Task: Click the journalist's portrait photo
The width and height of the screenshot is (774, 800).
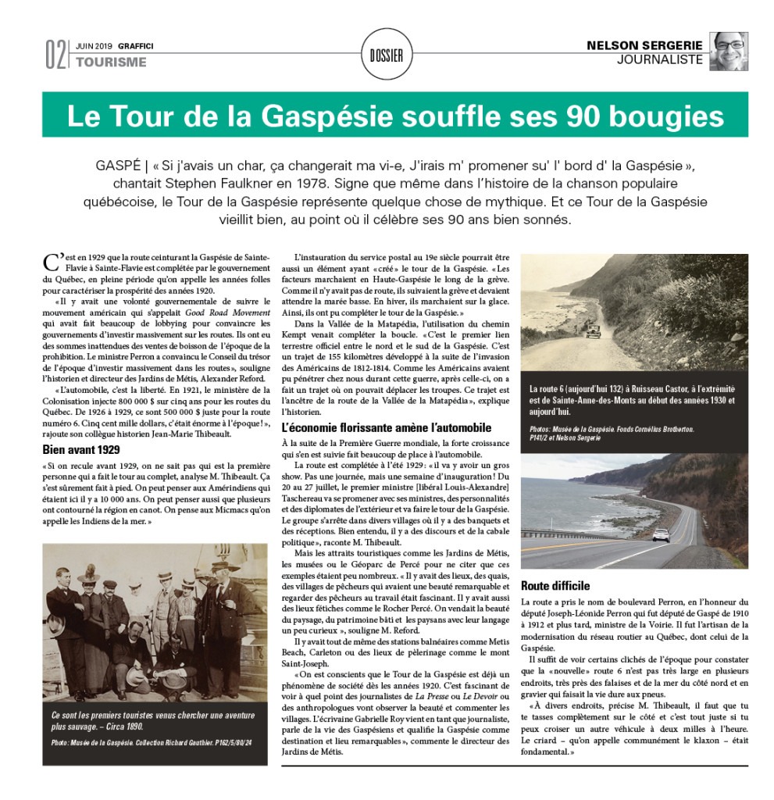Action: pos(729,52)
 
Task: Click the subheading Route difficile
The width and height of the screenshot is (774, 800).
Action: pos(555,585)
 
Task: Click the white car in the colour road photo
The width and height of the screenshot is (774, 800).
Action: pos(661,534)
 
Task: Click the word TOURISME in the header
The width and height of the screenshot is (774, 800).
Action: pos(111,62)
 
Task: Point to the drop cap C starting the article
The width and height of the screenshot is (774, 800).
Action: pos(51,260)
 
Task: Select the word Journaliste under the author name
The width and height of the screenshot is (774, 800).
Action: pos(660,60)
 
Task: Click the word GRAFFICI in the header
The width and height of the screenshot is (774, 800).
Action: pos(136,46)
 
